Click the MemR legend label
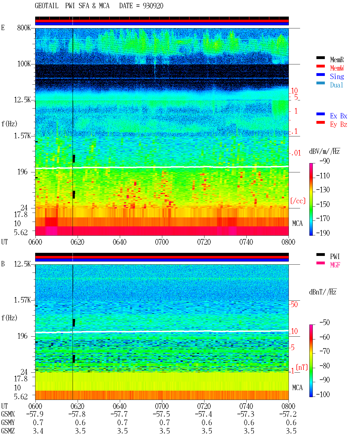[337, 60]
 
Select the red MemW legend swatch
[320, 66]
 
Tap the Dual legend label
[336, 85]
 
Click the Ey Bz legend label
[339, 124]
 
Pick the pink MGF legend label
[335, 265]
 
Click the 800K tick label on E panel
[24, 28]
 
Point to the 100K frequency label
[24, 64]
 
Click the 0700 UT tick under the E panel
[162, 242]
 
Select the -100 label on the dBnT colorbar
[323, 394]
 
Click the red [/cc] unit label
[298, 201]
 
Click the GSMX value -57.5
[161, 414]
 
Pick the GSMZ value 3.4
[38, 431]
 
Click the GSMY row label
[8, 422]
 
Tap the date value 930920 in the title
[153, 6]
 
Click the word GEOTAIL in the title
[47, 6]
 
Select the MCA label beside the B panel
[297, 388]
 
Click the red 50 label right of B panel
[294, 305]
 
